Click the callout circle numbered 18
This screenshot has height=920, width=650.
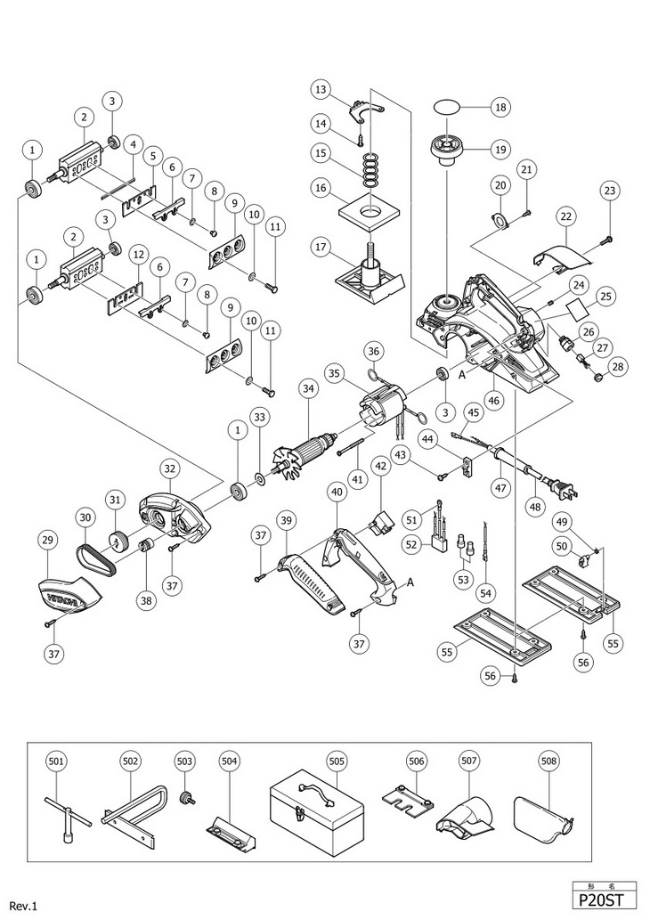pos(499,107)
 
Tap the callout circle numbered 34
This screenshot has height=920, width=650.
pos(309,388)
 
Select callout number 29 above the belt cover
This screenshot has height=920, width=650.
pos(49,540)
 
